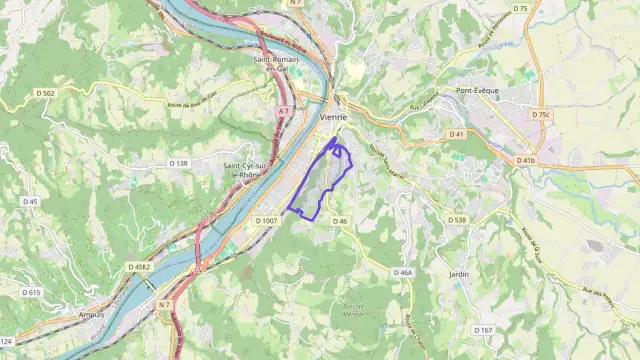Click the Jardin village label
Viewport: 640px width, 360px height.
click(x=459, y=274)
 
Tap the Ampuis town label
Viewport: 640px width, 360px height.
click(x=90, y=313)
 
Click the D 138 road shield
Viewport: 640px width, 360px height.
click(x=178, y=163)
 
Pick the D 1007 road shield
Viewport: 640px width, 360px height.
click(x=266, y=220)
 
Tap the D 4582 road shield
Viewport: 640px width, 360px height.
click(x=138, y=267)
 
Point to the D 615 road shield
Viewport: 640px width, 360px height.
click(x=31, y=292)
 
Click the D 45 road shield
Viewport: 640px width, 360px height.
click(x=30, y=201)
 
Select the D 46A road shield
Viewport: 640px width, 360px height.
click(x=402, y=272)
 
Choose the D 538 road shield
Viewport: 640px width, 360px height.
click(x=457, y=220)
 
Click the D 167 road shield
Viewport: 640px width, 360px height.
click(x=483, y=330)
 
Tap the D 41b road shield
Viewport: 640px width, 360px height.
click(x=525, y=160)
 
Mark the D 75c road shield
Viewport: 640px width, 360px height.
click(x=540, y=114)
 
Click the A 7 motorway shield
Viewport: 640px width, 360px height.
click(x=284, y=111)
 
